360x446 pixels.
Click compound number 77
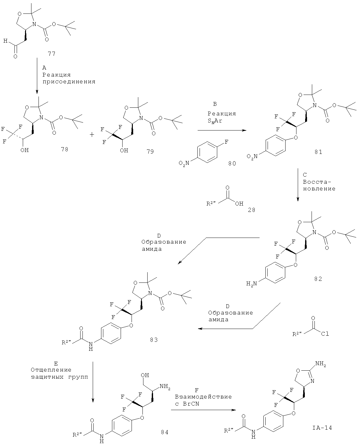(52, 54)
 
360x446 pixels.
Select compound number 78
(64, 149)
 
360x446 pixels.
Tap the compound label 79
(150, 152)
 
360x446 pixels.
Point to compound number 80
(232, 164)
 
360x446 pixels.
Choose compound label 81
(318, 152)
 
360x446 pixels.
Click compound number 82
(318, 279)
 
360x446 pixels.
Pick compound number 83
(154, 340)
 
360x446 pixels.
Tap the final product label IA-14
(322, 427)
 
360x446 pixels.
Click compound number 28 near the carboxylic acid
(252, 210)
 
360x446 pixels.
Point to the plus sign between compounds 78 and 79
(92, 135)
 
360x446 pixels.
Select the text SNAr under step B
(215, 121)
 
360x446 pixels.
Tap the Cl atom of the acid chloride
(325, 334)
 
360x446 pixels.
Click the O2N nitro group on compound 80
(184, 163)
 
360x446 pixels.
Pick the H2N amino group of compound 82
(252, 283)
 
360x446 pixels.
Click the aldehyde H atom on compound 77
(5, 41)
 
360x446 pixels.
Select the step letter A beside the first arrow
(44, 68)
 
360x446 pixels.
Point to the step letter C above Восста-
(305, 175)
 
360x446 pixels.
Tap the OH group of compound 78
(24, 150)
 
